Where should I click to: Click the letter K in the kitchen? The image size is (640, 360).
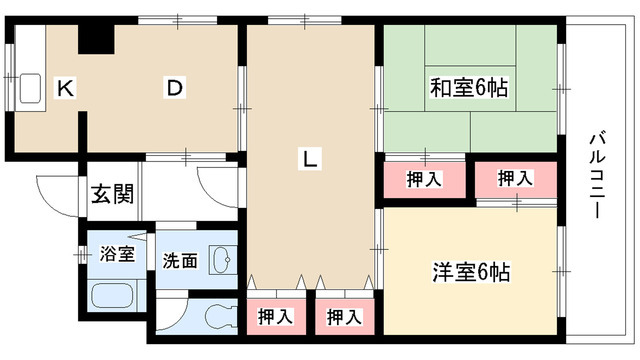[x=65, y=89]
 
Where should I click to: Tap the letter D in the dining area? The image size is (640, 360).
[x=174, y=88]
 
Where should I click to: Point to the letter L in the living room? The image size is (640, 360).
[x=312, y=158]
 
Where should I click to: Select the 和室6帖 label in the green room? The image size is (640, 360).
[x=469, y=88]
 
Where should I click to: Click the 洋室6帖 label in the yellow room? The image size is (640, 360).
[x=471, y=270]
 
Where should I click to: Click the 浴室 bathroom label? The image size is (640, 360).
[x=116, y=254]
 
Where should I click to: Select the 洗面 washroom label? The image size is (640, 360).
[x=179, y=261]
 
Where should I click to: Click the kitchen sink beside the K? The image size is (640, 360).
[x=28, y=89]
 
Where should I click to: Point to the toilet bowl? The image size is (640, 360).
[x=218, y=317]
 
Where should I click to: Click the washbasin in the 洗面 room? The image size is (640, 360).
[x=221, y=259]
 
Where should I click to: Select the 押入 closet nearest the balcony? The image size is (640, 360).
[x=515, y=179]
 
